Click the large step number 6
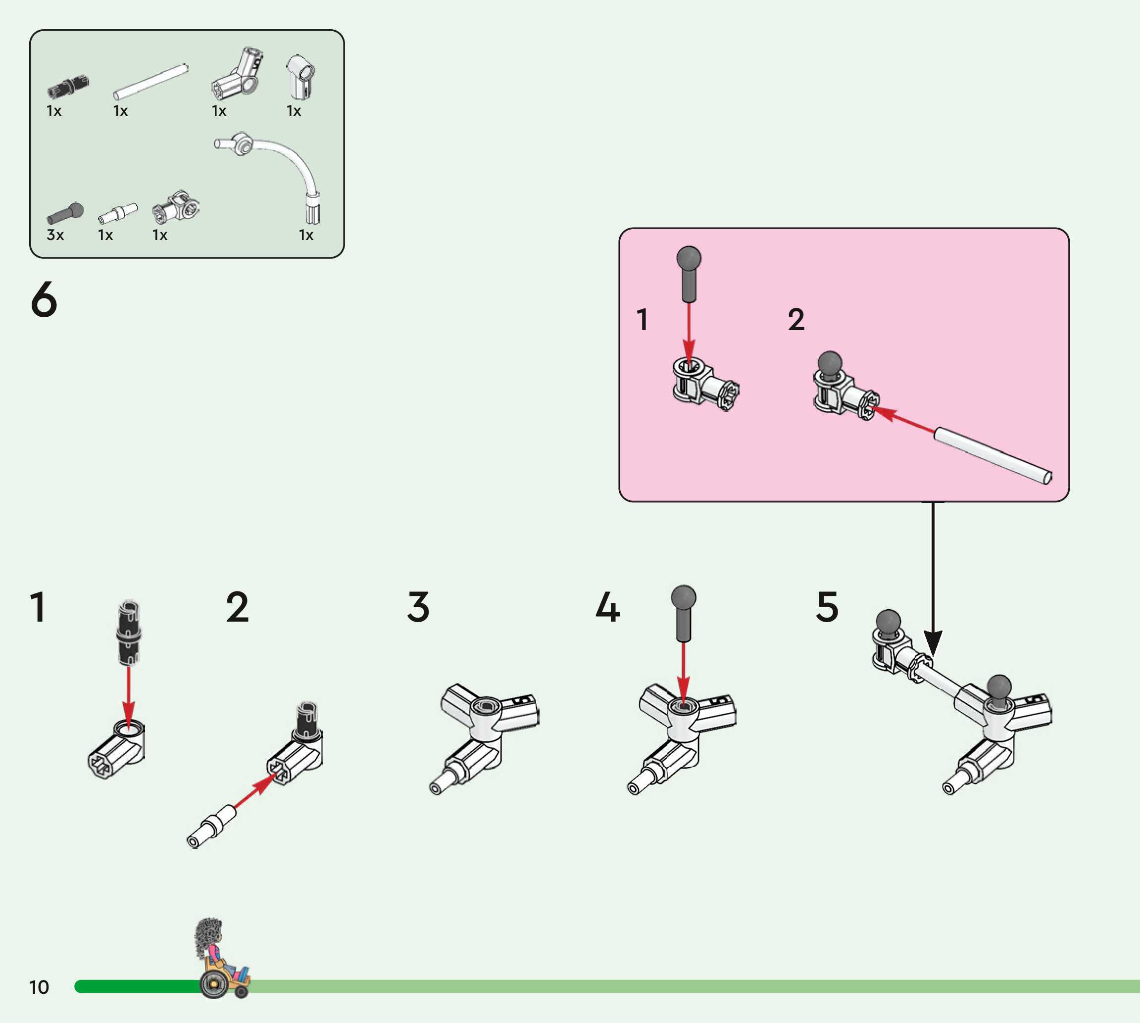44,299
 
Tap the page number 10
39,987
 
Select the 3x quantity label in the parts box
55,235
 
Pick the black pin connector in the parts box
68,86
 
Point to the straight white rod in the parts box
150,82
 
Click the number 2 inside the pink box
796,319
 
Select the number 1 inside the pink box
643,319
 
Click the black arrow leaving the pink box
933,579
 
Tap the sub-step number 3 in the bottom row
418,607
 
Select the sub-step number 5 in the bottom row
827,607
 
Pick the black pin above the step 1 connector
129,633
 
